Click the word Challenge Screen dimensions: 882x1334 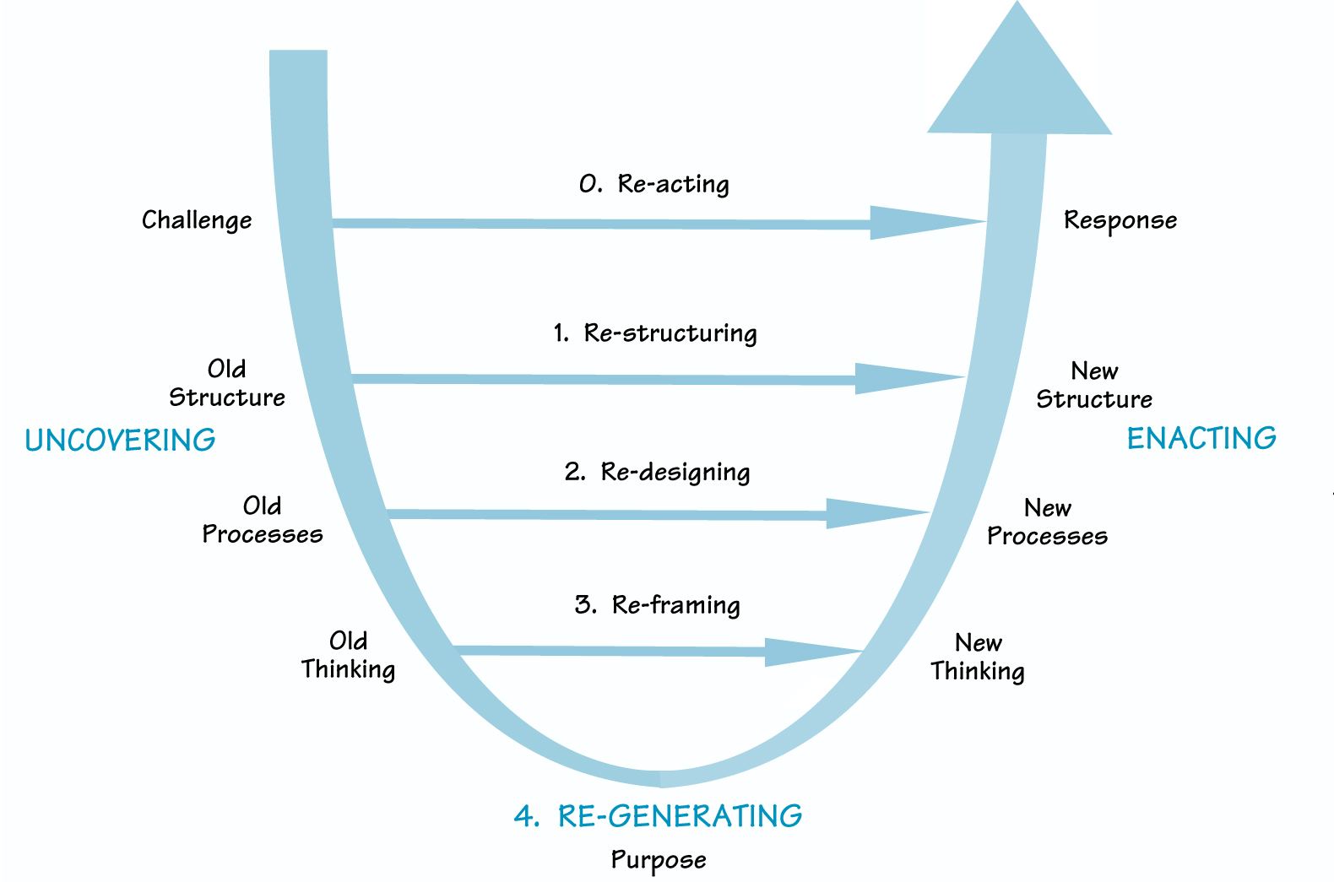197,220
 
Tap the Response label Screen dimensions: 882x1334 1120,220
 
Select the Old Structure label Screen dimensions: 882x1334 227,383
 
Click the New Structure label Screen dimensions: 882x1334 1094,385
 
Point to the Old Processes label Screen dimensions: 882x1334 262,520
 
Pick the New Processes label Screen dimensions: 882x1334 1047,522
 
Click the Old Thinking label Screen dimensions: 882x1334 348,655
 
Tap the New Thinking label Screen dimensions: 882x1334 978,657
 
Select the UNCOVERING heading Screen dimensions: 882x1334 120,441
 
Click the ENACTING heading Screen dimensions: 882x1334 1201,439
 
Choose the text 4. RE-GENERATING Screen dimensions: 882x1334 658,816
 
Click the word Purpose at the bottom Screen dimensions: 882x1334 659,860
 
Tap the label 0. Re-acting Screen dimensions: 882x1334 654,184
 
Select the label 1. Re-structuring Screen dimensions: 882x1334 655,333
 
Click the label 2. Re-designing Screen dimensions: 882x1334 657,472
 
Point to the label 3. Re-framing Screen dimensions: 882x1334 657,605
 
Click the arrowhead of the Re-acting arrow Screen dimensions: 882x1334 916,223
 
